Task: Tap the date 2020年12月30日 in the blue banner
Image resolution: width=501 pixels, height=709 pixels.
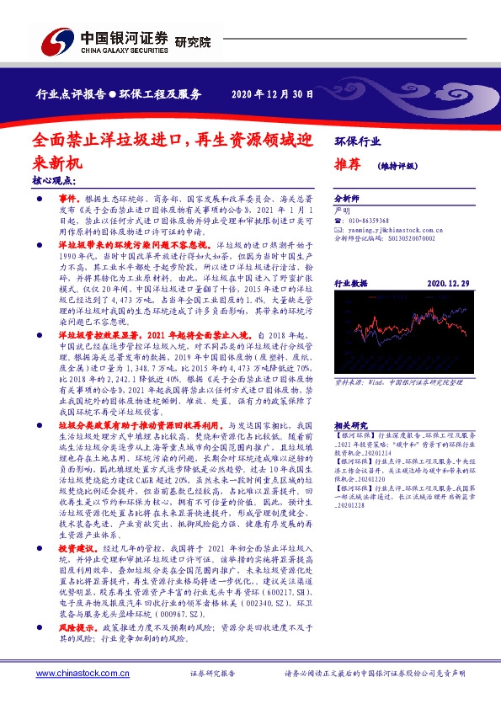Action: pyautogui.click(x=272, y=93)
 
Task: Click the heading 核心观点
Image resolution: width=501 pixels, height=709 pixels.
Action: pyautogui.click(x=52, y=180)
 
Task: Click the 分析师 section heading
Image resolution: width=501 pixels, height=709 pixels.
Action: pyautogui.click(x=347, y=200)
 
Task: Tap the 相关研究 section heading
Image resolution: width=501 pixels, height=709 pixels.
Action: pyautogui.click(x=348, y=402)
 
